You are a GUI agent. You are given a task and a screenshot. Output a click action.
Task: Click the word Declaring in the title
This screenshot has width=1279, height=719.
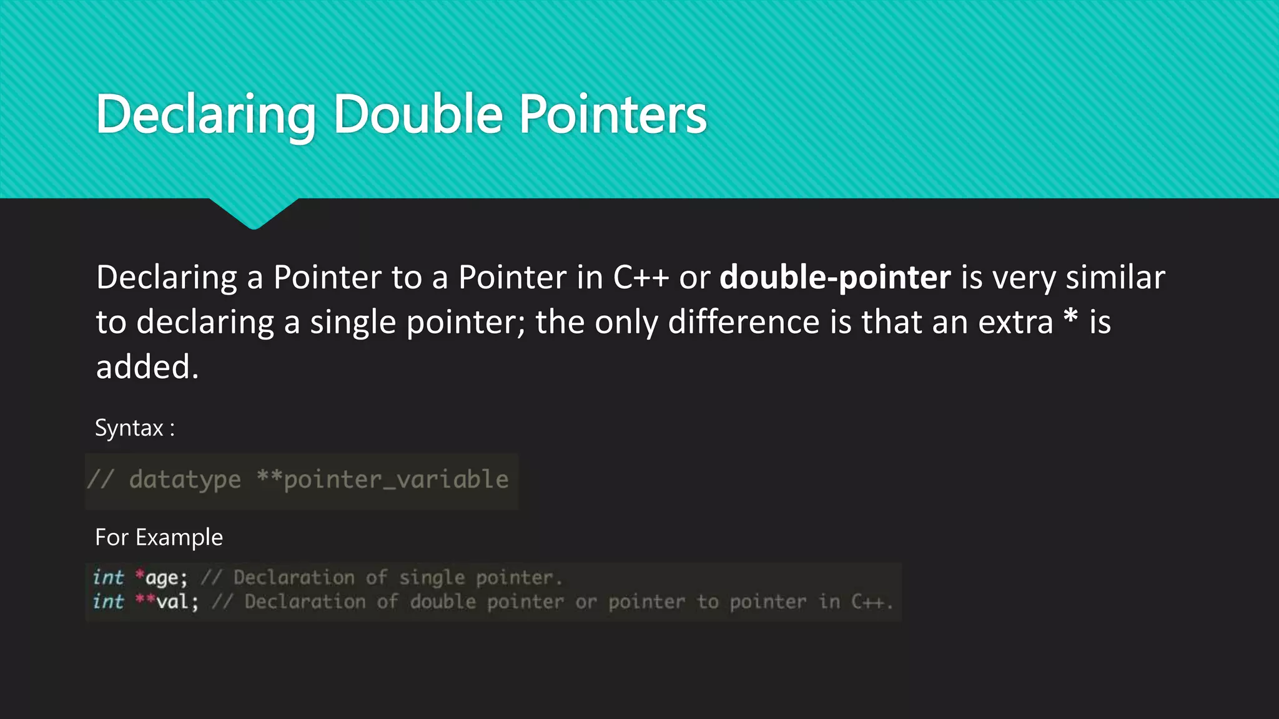(x=206, y=115)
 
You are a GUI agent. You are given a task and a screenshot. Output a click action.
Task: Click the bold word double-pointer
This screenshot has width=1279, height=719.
(x=835, y=277)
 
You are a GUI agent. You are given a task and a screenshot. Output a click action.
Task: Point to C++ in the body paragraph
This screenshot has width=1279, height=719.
(x=641, y=277)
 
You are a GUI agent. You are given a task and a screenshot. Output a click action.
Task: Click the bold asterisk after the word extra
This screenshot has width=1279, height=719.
(x=1070, y=318)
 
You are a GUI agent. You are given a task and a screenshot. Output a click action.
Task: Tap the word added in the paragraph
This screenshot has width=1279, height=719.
(x=147, y=367)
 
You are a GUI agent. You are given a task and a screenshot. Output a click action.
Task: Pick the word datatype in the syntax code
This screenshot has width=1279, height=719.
(x=185, y=479)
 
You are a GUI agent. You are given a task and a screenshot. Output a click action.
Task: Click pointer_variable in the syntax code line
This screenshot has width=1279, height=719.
(x=396, y=479)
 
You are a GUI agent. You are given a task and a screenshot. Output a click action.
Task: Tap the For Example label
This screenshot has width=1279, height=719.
(x=159, y=537)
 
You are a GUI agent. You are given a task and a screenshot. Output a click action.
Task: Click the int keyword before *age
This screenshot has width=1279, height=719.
(x=108, y=577)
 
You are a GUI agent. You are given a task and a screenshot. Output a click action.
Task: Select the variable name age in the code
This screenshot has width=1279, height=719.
(x=162, y=578)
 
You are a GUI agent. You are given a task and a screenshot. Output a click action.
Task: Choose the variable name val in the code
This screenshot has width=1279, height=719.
(x=173, y=602)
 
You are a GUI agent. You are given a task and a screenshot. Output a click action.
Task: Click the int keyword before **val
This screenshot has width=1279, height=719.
(x=108, y=602)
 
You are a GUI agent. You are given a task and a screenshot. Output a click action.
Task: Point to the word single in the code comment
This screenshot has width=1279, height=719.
(x=432, y=578)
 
